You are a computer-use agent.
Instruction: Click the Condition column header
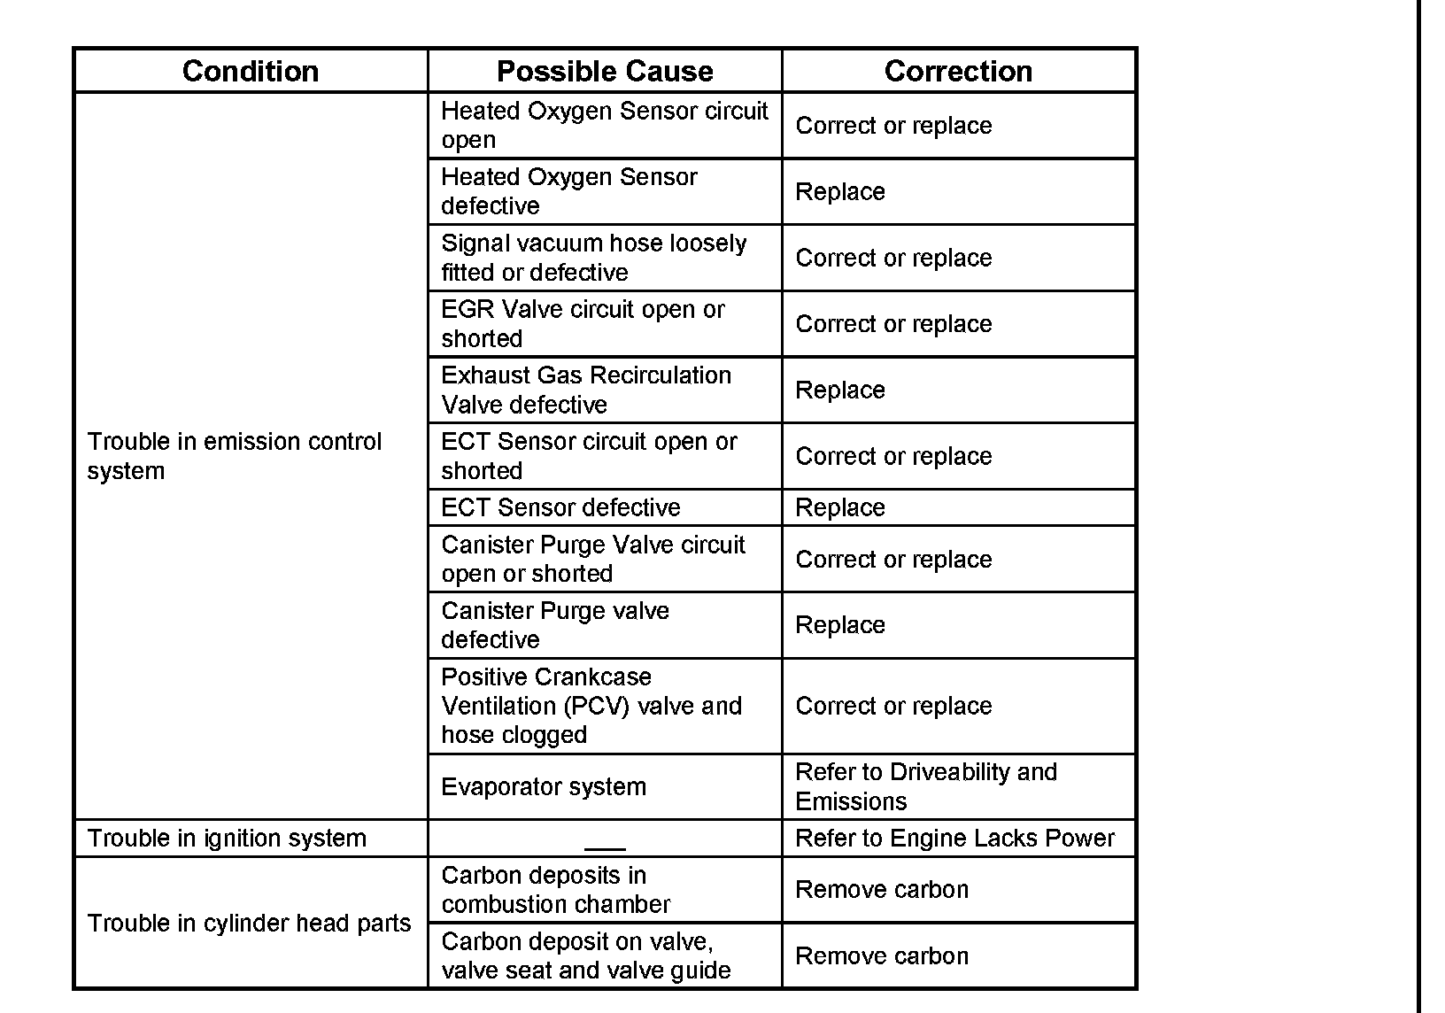pos(251,71)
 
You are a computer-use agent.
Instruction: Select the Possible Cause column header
pos(605,71)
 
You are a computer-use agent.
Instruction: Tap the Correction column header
pos(958,71)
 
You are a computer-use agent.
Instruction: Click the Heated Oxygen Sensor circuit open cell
pos(605,126)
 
